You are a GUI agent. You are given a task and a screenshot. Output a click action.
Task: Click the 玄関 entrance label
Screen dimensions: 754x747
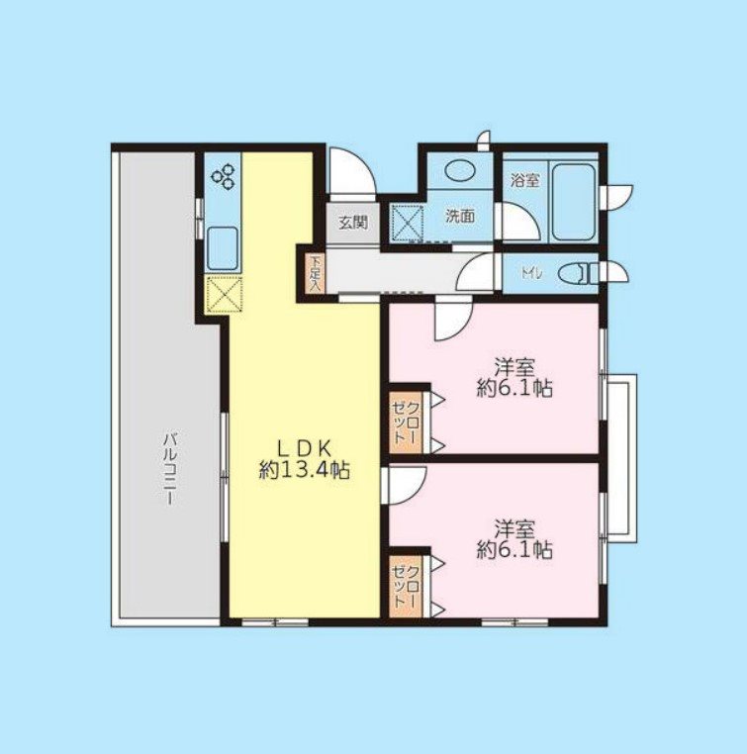click(x=353, y=223)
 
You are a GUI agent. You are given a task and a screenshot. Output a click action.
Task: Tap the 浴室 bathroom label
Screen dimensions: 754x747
click(x=524, y=181)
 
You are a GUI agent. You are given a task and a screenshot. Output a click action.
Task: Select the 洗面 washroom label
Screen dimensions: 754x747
click(x=459, y=215)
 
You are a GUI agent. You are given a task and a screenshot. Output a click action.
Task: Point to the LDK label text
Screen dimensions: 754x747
click(x=305, y=446)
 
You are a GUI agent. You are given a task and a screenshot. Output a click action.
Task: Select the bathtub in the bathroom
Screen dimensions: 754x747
click(x=572, y=202)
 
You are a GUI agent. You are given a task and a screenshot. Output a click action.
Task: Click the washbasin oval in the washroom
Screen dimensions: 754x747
click(x=459, y=170)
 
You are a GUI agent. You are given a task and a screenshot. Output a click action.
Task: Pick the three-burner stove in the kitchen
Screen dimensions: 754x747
click(x=224, y=176)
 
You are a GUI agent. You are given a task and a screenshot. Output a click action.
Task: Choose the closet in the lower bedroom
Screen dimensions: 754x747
click(x=407, y=584)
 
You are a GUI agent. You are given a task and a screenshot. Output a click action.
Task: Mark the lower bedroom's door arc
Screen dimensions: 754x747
click(x=406, y=484)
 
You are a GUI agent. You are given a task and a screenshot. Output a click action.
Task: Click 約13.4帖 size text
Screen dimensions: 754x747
click(x=305, y=472)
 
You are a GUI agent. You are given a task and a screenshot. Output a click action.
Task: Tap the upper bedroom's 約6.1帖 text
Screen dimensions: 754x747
click(x=514, y=389)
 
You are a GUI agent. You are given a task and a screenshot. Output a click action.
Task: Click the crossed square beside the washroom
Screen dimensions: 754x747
click(x=407, y=222)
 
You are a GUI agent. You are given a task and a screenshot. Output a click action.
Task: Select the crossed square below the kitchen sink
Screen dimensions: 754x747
click(x=224, y=295)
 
